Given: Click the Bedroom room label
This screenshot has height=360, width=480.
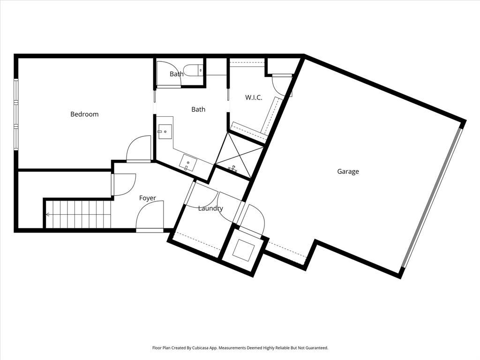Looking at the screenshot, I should pos(84,114).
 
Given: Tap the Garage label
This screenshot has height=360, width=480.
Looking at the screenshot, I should pos(348,172).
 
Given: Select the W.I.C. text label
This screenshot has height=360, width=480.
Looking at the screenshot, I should pos(254,98).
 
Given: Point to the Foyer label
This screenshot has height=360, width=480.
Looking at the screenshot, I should pos(147,198).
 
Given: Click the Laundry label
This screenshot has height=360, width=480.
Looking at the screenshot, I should pos(210,209).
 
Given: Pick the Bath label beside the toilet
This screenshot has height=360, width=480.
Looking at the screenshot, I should pos(176,74).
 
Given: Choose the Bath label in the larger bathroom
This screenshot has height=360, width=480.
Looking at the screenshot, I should pos(198,110).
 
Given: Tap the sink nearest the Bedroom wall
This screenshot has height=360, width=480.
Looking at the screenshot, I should pos(164,132).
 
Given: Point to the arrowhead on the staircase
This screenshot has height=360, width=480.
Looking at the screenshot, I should pos(47,215).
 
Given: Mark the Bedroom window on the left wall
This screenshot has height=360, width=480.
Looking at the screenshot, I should pos(16,114).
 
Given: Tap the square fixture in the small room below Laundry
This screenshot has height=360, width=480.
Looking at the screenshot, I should pos(245,249).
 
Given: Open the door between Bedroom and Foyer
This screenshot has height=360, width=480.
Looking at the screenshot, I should pos(139,150).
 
